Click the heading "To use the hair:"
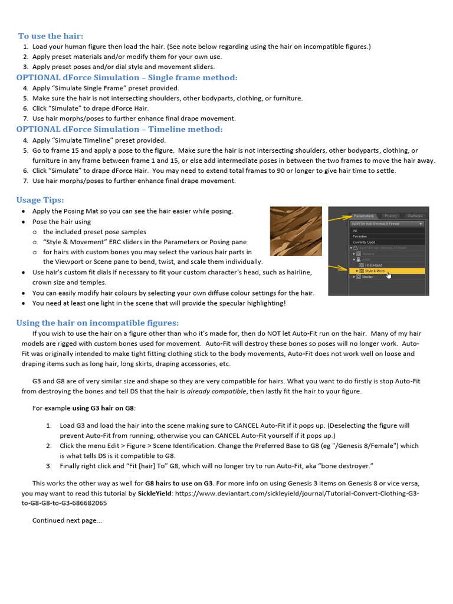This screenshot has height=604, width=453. point(51,36)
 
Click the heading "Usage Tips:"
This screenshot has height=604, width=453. point(40,200)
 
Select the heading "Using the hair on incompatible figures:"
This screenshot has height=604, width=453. point(97,323)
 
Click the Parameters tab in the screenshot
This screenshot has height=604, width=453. point(364,216)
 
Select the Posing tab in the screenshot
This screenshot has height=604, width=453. point(390,216)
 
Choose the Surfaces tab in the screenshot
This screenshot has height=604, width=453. point(415,216)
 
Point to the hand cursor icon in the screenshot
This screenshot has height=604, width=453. point(389,274)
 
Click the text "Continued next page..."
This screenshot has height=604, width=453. point(67,520)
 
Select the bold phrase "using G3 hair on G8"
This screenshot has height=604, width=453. point(103,408)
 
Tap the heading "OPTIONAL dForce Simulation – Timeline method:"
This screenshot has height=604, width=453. point(120,129)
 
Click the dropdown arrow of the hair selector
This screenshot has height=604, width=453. point(421,224)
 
